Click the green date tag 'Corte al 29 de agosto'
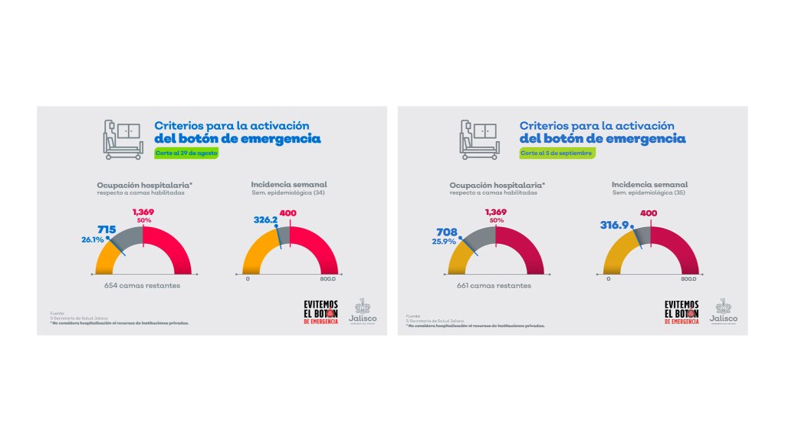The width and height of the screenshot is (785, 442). point(186,153)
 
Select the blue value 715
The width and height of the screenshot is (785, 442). point(106,229)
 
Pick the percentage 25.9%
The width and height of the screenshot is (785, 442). point(445,241)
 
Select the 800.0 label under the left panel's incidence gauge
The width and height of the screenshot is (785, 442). point(328,279)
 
